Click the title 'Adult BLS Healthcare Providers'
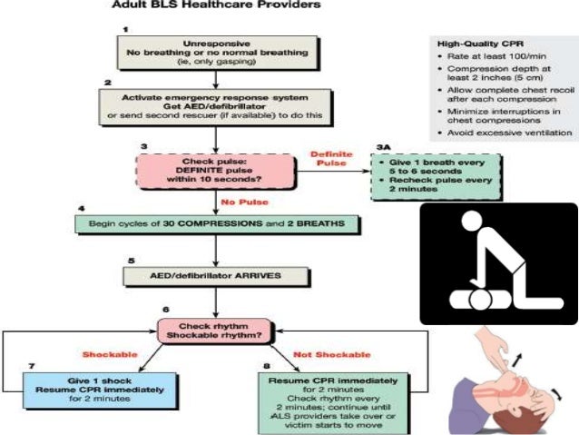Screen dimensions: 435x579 click(x=215, y=5)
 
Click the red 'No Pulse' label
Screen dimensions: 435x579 click(x=240, y=201)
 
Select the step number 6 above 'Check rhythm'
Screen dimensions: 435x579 click(x=166, y=310)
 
